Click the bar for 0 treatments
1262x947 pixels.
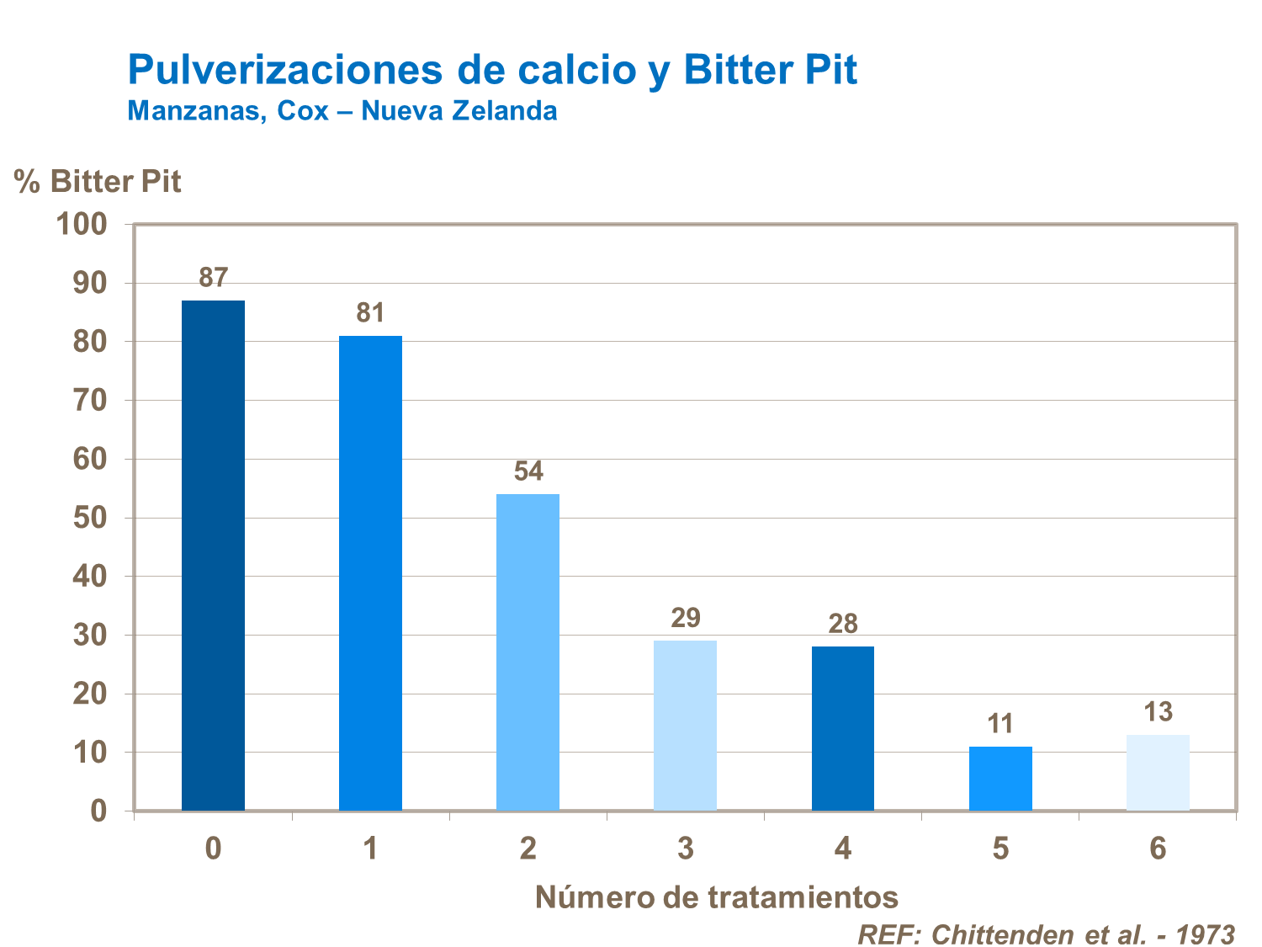[213, 556]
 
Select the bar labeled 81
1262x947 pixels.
[370, 573]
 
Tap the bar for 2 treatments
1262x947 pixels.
[528, 652]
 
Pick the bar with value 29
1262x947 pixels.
[685, 726]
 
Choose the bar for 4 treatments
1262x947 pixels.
[842, 728]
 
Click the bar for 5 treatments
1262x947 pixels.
[1000, 779]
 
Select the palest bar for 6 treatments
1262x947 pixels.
[1158, 773]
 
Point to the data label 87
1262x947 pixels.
[214, 277]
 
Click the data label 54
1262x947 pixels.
[528, 471]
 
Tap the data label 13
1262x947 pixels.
[1159, 712]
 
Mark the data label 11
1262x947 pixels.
[1000, 724]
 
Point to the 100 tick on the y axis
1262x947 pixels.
[81, 224]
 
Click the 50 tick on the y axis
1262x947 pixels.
[90, 518]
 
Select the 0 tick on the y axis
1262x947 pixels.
[98, 811]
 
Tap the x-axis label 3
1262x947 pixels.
[685, 849]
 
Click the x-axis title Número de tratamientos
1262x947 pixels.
[717, 897]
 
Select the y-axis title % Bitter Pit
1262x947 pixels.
[98, 181]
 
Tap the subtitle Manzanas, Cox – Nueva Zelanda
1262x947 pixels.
[342, 110]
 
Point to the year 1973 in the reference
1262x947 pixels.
[1205, 934]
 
